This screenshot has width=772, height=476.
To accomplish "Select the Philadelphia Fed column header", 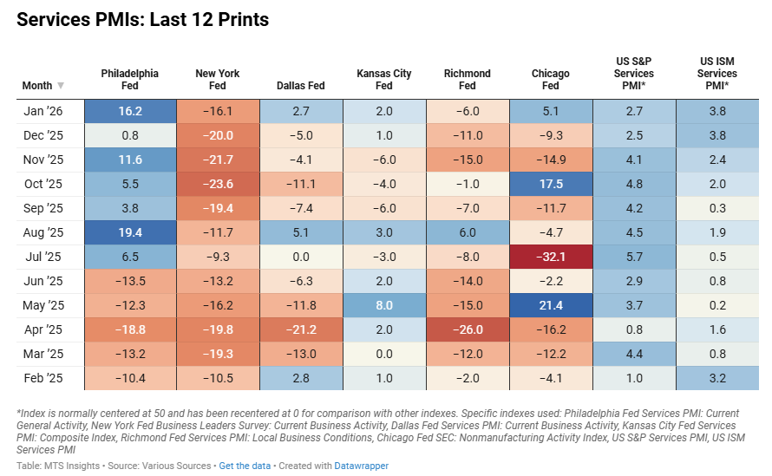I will pyautogui.click(x=130, y=80).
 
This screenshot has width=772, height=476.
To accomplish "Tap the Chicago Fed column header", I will pyautogui.click(x=550, y=80).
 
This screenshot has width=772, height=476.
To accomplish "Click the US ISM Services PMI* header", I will pyautogui.click(x=717, y=74).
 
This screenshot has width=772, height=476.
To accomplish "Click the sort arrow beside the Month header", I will pyautogui.click(x=61, y=86).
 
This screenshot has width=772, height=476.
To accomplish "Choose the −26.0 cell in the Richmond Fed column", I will pyautogui.click(x=467, y=329).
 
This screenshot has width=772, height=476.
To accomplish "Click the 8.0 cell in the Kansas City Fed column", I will pyautogui.click(x=384, y=305).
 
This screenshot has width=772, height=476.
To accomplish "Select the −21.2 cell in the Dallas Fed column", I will pyautogui.click(x=301, y=329).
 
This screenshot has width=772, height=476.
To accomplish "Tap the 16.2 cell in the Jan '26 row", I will pyautogui.click(x=130, y=112).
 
